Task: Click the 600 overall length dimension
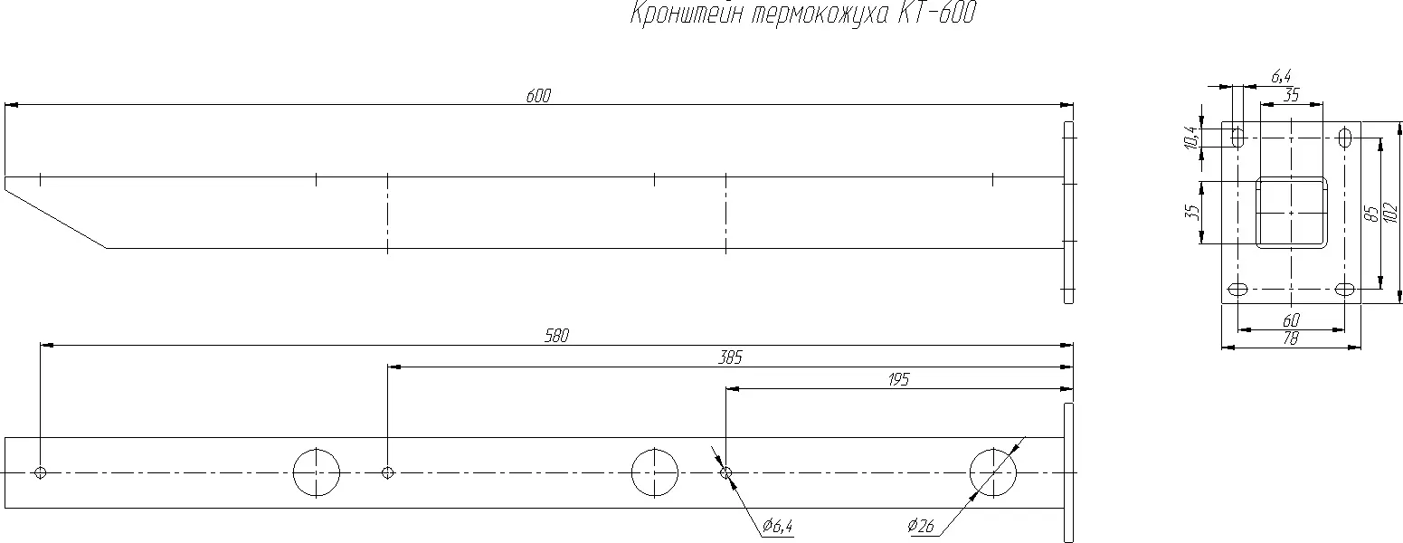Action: click(x=538, y=96)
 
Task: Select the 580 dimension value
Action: click(x=557, y=337)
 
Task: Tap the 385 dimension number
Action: click(x=730, y=357)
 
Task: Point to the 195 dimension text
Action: click(x=899, y=379)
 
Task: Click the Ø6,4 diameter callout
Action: click(x=778, y=526)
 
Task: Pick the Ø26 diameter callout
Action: click(x=921, y=526)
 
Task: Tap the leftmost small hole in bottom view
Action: click(x=41, y=472)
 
